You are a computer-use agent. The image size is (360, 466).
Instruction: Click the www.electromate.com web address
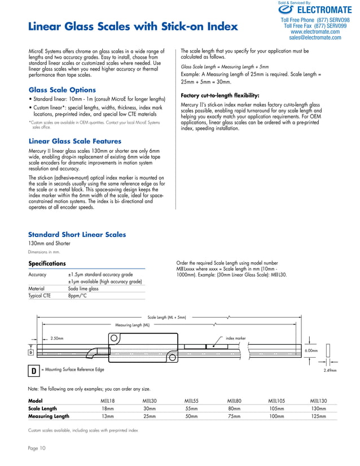coord(315,32)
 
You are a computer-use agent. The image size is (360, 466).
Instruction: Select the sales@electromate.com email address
coord(315,38)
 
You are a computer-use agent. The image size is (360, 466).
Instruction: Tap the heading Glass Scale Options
coord(62,90)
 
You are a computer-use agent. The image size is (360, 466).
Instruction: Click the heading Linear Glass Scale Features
coord(74,141)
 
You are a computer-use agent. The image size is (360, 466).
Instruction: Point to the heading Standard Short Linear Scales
coord(77,235)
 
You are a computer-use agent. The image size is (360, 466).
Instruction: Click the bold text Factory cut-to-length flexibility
coord(219,95)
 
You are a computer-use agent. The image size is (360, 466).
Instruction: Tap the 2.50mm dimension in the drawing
coord(56,338)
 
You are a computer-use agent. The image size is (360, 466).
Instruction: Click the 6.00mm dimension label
coord(311,350)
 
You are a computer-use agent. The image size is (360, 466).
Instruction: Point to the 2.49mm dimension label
coord(330,371)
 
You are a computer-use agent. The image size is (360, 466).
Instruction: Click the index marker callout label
coord(235,338)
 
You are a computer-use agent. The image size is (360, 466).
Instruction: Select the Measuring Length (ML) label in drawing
coord(132,326)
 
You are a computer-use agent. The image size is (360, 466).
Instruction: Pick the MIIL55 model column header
coord(192,401)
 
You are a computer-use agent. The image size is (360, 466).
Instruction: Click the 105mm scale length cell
coord(276,408)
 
